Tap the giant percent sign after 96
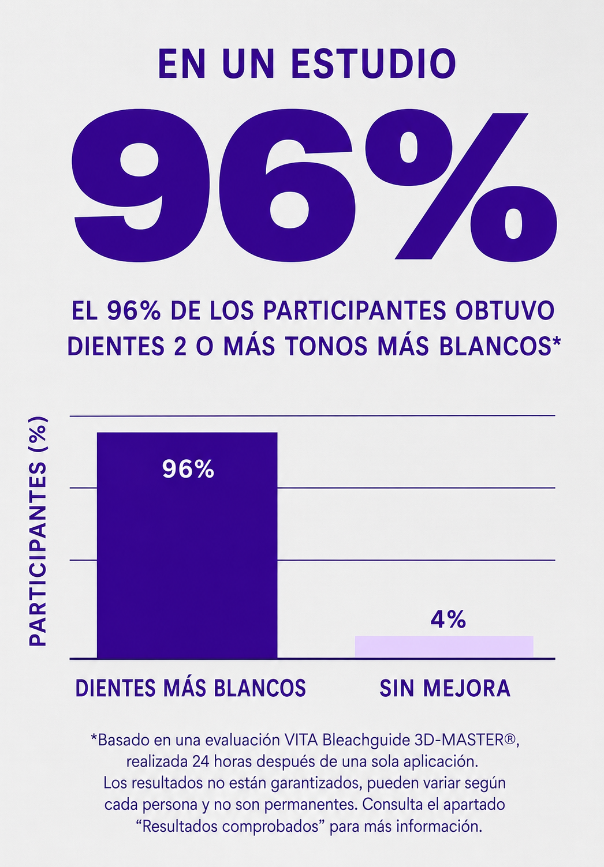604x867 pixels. (461, 186)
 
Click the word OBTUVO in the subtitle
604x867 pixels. (505, 311)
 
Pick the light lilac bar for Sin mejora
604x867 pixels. (444, 647)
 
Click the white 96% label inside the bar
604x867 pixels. (188, 469)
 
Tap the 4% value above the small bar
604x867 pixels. (448, 620)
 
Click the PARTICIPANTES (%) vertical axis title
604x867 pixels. (38, 532)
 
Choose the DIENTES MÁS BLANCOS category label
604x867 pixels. (191, 688)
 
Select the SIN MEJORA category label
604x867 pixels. (445, 689)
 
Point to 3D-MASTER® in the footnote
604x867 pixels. (467, 740)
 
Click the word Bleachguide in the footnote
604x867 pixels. (366, 741)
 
